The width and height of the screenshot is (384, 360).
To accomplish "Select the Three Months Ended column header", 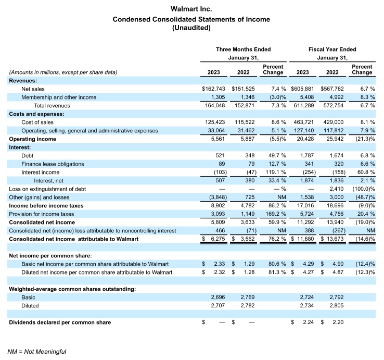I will point(244,49).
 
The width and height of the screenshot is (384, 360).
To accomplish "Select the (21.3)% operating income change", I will point(364,139).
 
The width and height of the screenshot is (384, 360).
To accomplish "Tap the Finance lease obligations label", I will point(53,164).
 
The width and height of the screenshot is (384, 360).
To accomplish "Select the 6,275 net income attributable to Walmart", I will point(219,239).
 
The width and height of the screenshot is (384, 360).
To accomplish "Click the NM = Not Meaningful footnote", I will point(37,352).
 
